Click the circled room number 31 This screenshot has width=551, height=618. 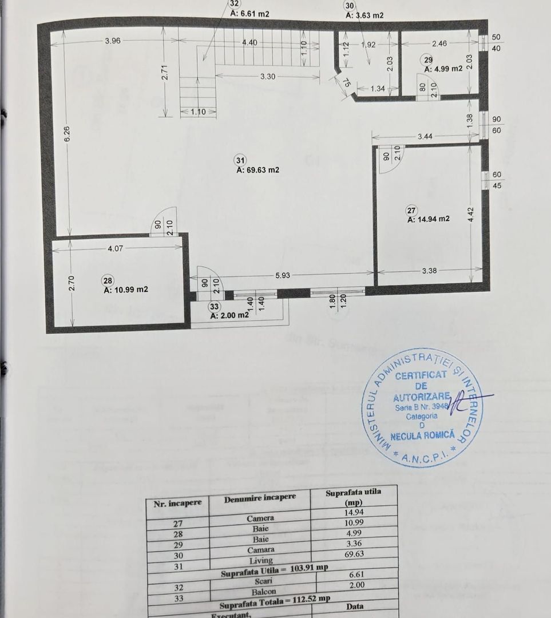(x=241, y=161)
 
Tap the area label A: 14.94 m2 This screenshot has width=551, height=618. (x=428, y=219)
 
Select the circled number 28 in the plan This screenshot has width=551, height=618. (x=107, y=280)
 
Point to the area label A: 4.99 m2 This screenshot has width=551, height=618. (x=443, y=69)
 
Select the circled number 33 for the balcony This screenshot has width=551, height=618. (x=214, y=306)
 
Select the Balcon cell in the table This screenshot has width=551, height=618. (x=264, y=592)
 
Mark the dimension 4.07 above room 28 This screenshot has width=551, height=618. (x=114, y=248)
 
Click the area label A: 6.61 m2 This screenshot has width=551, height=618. (x=249, y=14)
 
